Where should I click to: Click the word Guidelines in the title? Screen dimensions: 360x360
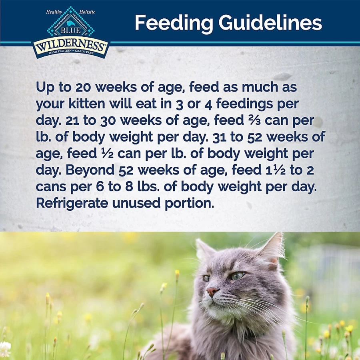(x=270, y=22)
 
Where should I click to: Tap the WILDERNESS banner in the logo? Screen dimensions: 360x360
(x=70, y=48)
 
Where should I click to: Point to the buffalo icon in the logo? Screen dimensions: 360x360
(x=71, y=23)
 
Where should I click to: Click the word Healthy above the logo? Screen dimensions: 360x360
(x=54, y=12)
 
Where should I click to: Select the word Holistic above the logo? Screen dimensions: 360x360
(x=87, y=12)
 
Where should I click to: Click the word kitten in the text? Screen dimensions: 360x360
(x=86, y=104)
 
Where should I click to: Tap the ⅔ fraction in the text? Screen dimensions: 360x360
(x=254, y=120)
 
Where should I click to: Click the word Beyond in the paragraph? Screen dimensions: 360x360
(x=90, y=170)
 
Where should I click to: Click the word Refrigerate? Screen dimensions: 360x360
(x=72, y=204)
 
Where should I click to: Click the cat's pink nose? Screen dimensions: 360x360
(x=212, y=291)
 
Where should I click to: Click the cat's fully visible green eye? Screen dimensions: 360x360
(x=237, y=276)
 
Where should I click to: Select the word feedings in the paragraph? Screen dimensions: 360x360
(x=244, y=104)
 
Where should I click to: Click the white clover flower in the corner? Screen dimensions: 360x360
(x=5, y=349)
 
